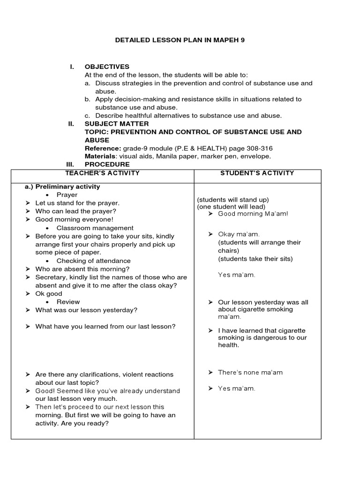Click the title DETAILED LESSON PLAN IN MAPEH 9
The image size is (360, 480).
[x=180, y=40]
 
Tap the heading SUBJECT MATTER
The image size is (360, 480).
[x=117, y=124]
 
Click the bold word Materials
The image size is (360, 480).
[x=100, y=156]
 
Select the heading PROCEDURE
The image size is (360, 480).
[x=107, y=165]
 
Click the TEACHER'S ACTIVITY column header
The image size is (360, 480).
[x=103, y=173]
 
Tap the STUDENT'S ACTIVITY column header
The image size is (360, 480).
[x=257, y=173]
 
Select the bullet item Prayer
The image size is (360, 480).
[x=67, y=195]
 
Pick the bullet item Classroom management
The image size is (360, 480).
[x=95, y=228]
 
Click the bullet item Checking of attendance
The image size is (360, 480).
[x=93, y=261]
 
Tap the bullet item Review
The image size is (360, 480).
[x=68, y=302]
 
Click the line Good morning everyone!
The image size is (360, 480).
[x=74, y=219]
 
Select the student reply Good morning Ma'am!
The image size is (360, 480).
[x=253, y=214]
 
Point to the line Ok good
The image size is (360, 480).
[x=49, y=294]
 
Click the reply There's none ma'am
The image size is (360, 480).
[x=250, y=373]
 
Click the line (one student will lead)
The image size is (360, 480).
[x=231, y=207]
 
